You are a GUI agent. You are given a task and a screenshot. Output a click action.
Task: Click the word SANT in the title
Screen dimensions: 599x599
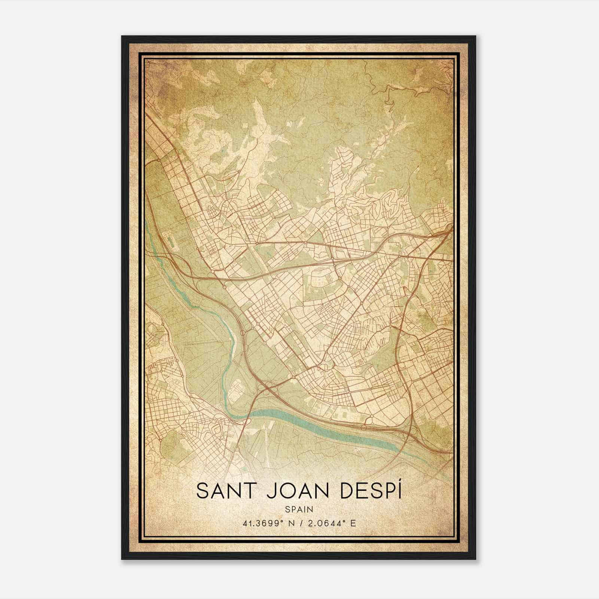(222, 491)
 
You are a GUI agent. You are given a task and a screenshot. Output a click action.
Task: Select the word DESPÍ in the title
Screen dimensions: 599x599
(369, 491)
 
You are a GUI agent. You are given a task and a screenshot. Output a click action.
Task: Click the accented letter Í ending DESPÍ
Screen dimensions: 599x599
(399, 490)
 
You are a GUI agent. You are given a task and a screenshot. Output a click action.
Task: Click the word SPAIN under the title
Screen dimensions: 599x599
(299, 509)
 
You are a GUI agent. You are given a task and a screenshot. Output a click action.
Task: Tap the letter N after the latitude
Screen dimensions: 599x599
(287, 523)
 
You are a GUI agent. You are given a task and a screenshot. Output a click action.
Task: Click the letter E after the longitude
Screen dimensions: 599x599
(352, 523)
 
